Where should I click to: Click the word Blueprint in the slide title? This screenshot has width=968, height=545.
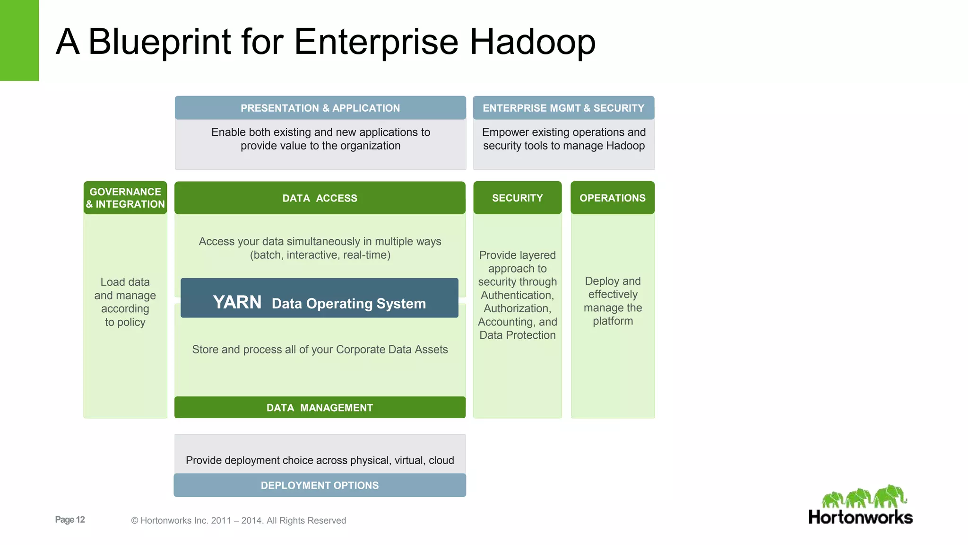[160, 42]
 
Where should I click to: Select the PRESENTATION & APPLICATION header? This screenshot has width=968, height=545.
[320, 108]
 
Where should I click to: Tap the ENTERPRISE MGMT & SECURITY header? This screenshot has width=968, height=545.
[563, 108]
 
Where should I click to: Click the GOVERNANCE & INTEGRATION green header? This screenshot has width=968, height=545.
[125, 198]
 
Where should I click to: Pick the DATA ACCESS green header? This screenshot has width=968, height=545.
[320, 198]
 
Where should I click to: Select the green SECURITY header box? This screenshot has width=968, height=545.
[517, 198]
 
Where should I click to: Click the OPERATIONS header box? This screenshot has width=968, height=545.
[613, 198]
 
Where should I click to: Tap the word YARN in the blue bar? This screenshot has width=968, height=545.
[237, 302]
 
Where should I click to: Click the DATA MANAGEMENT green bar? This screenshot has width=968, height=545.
[320, 407]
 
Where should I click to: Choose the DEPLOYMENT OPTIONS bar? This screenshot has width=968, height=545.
[320, 485]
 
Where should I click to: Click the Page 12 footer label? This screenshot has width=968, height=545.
[70, 519]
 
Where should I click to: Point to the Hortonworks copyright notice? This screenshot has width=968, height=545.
[238, 520]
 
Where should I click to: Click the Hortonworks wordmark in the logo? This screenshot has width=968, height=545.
[860, 517]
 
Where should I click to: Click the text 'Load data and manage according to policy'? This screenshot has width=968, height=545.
[125, 302]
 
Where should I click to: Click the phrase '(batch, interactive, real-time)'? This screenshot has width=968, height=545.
[320, 255]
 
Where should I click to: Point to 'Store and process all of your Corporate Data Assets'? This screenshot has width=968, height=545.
[320, 349]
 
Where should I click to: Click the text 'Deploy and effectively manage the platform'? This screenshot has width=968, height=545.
[613, 301]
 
